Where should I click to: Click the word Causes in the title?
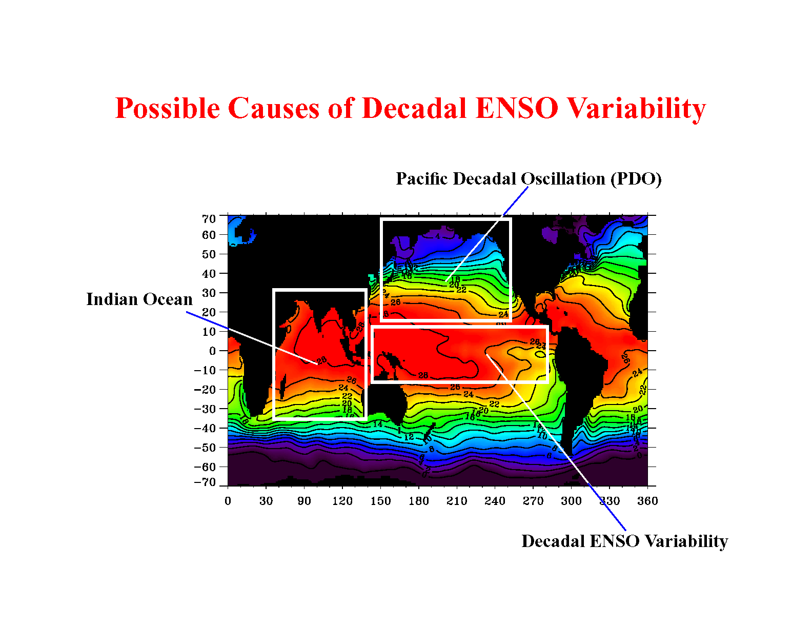pyautogui.click(x=275, y=108)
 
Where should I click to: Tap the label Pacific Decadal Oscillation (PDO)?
pyautogui.click(x=529, y=179)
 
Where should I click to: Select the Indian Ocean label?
pyautogui.click(x=139, y=299)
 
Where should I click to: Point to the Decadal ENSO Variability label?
pyautogui.click(x=624, y=541)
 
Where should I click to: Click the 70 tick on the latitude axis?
pyautogui.click(x=209, y=219)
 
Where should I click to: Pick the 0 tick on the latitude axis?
pyautogui.click(x=212, y=351)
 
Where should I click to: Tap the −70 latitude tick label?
pyautogui.click(x=205, y=482)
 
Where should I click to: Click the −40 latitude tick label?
pyautogui.click(x=205, y=428)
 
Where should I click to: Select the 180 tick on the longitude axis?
pyautogui.click(x=418, y=501)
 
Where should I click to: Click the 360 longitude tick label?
pyautogui.click(x=647, y=501)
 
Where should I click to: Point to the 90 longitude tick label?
pyautogui.click(x=304, y=501)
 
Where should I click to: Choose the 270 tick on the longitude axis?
pyautogui.click(x=533, y=501)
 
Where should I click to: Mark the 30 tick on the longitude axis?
pyautogui.click(x=266, y=501)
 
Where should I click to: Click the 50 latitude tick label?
pyautogui.click(x=209, y=254)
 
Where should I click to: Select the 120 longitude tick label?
pyautogui.click(x=342, y=501)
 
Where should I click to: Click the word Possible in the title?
pyautogui.click(x=168, y=108)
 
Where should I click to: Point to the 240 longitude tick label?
pyautogui.click(x=495, y=501)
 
